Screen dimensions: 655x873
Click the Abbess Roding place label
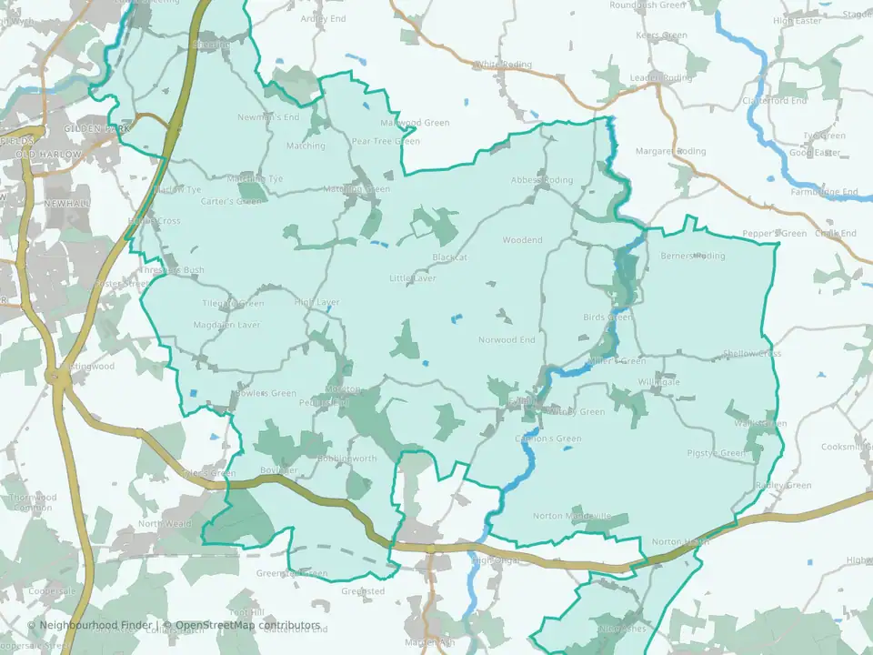click(542, 180)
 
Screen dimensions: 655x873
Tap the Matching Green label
click(357, 189)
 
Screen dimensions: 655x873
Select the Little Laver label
click(413, 278)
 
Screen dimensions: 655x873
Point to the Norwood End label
click(507, 340)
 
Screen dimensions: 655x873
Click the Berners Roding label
click(693, 257)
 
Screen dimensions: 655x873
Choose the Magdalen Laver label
click(227, 325)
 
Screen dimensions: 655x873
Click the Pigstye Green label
click(716, 453)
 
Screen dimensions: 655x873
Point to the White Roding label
click(502, 65)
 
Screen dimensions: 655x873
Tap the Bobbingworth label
click(346, 458)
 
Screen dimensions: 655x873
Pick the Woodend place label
click(522, 240)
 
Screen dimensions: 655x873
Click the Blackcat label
click(449, 258)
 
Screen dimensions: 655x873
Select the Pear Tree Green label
click(386, 142)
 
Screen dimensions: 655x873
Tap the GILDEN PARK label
click(97, 129)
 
